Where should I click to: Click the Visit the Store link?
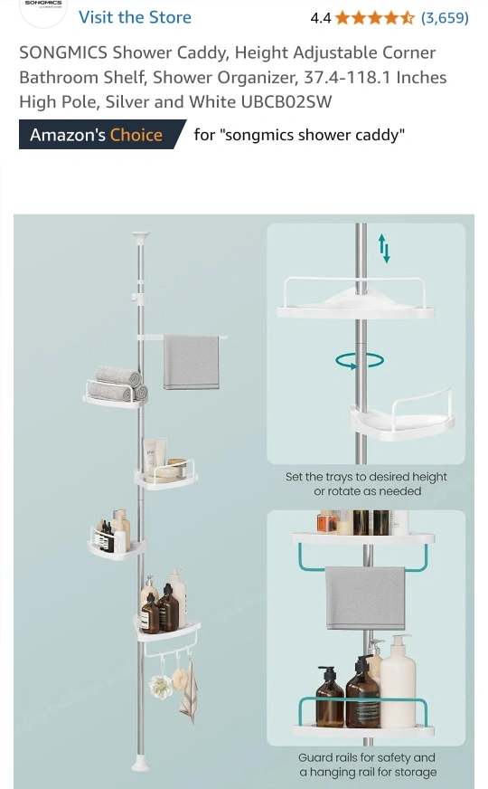135,17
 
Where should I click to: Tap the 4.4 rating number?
321,18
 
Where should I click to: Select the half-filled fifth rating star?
407,18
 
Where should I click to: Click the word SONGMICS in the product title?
63,52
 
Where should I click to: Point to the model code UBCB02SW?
286,102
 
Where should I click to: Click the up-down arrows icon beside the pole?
383,248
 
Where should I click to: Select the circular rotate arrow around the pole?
360,360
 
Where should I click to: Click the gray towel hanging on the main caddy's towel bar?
191,362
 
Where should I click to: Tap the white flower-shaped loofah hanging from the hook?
160,686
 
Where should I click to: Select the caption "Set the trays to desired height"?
366,477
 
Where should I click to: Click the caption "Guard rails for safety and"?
366,757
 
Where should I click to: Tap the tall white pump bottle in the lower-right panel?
398,681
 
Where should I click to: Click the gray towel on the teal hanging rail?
365,598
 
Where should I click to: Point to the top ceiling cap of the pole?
141,236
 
